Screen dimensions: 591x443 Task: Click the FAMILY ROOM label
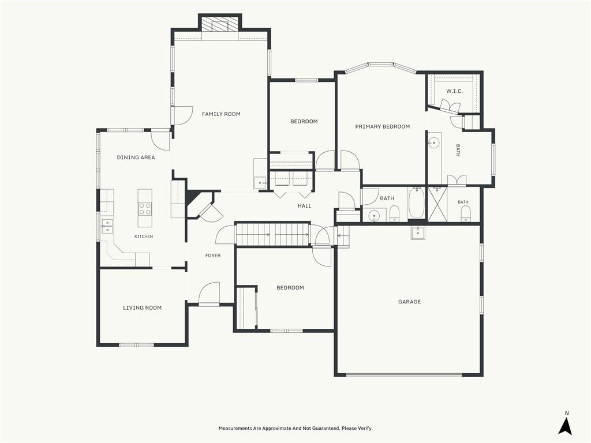tap(221, 114)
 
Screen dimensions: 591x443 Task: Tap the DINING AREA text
tap(136, 157)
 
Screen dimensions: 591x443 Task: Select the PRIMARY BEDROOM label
tap(383, 126)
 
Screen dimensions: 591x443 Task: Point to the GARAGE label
tap(409, 301)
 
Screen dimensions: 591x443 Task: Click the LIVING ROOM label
tap(142, 308)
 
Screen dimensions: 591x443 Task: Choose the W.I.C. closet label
tap(455, 91)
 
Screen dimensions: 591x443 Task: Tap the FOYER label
tap(213, 256)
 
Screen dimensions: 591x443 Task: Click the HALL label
tap(305, 206)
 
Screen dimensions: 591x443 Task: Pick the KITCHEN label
tap(144, 236)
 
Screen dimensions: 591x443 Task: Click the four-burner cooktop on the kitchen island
tap(145, 208)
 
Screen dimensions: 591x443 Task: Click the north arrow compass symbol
tap(565, 423)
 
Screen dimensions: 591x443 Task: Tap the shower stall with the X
tap(437, 204)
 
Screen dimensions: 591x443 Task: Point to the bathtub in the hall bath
tap(416, 204)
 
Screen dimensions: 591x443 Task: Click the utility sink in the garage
tap(418, 233)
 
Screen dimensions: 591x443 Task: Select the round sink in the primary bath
tap(434, 143)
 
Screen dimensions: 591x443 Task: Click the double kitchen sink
tap(107, 226)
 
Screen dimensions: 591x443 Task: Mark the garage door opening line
tap(404, 375)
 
